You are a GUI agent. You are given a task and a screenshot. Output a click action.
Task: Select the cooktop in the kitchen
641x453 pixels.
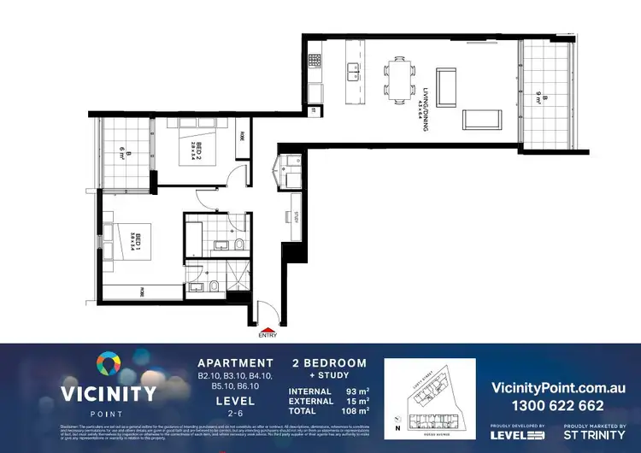click(314, 62)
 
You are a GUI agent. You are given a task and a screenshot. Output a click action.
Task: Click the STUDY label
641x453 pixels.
click(294, 217)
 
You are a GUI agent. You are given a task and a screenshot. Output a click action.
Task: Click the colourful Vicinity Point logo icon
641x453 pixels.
click(107, 365)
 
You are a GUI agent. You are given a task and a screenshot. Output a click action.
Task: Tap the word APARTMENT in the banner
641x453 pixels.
click(236, 362)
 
